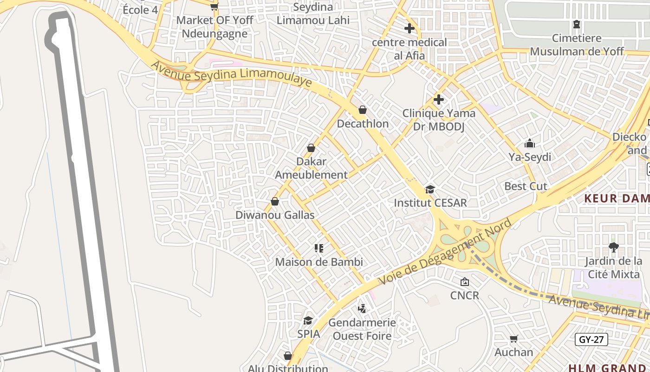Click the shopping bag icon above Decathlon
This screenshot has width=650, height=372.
[363, 110]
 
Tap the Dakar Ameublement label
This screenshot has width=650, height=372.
[311, 168]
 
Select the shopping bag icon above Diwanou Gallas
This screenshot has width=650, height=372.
[275, 202]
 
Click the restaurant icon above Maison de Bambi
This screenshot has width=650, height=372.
[318, 248]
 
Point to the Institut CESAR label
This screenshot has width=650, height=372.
[430, 203]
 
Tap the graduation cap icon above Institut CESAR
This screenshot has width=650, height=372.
[430, 189]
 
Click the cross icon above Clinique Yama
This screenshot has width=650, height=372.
[439, 100]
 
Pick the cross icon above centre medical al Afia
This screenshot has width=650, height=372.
[409, 28]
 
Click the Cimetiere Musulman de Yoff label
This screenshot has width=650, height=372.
[577, 45]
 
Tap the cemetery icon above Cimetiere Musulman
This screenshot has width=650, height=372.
[577, 24]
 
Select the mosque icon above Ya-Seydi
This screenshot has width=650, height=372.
[530, 143]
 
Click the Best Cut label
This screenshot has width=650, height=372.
[526, 186]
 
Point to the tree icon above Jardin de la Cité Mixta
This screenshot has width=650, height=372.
[614, 247]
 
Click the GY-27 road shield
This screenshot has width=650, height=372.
[591, 339]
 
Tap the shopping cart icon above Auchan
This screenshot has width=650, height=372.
[513, 339]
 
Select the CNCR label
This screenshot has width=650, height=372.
[464, 295]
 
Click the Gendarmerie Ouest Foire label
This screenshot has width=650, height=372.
[362, 329]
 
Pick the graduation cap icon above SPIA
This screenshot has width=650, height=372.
[308, 320]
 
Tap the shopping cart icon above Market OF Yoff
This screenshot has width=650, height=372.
[214, 7]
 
